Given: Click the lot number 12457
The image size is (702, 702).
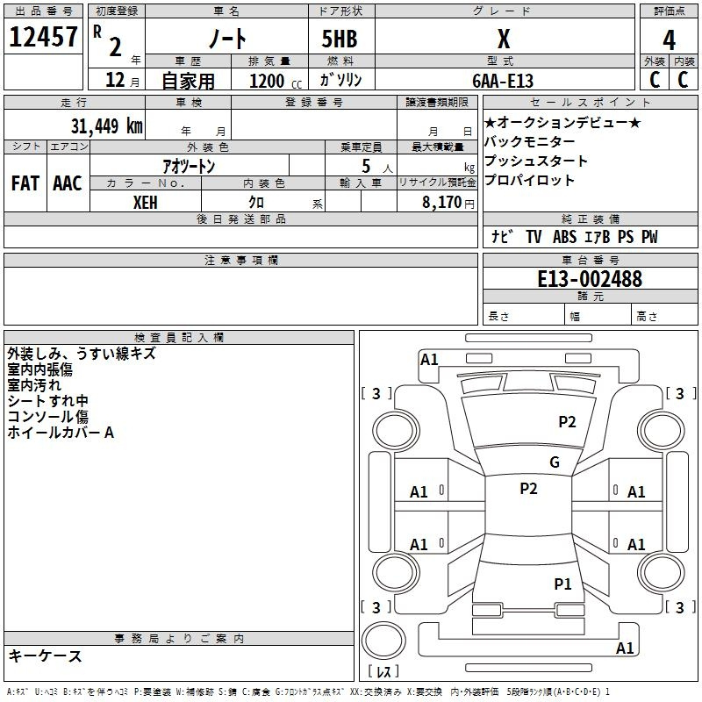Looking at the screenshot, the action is coord(43,37).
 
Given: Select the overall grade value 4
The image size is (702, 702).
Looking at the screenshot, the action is coord(669,40).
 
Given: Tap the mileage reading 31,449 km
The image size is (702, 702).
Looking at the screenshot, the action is coord(107,125).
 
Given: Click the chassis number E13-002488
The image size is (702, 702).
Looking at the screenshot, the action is coord(590,278).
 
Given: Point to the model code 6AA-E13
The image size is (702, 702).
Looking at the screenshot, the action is coord(503,81).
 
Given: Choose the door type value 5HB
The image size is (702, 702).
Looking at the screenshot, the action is coord(340,39).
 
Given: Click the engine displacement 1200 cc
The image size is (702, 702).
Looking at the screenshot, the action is coord(276,81).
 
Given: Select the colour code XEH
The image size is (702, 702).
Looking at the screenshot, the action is coord(146,203).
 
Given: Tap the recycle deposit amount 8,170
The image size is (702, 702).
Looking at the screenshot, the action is coord(442,202).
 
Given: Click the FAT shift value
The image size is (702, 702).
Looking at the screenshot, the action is coord(25,183).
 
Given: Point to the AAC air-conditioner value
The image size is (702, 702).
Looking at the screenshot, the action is coord(68,183).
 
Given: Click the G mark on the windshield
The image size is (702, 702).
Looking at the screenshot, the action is coord(555,462).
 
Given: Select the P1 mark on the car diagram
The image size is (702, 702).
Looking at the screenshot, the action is coord(562,584).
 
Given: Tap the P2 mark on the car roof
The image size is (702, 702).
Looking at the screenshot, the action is coord(528,489).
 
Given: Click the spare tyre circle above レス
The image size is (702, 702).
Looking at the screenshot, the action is coord(383,641).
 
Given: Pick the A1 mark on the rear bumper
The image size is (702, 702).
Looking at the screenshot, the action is coord(625,648).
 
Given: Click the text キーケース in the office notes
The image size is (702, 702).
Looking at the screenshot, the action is coord(45,655).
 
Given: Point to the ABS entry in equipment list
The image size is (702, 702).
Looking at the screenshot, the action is coord(564,236).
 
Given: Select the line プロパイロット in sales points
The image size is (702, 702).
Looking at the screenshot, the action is coord(529,180).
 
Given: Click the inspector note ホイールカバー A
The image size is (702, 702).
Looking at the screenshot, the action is coord(61,433).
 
